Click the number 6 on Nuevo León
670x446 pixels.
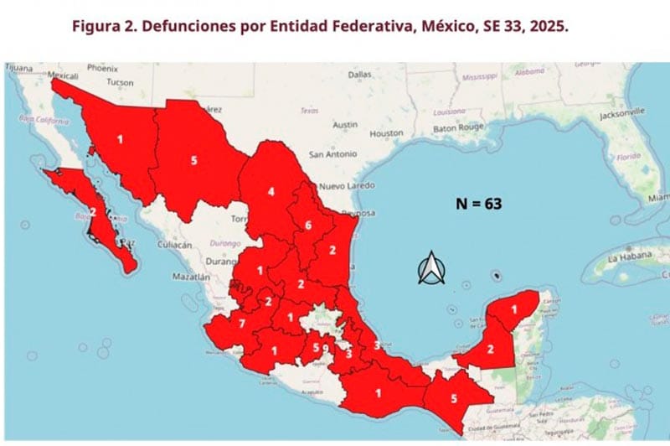(x=308, y=225)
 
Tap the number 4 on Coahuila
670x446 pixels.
(x=271, y=191)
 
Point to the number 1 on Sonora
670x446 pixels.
(x=120, y=139)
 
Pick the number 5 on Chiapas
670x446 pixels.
(x=454, y=399)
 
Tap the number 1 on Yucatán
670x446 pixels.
(x=514, y=310)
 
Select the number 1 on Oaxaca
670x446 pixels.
(x=378, y=392)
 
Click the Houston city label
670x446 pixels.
(x=386, y=133)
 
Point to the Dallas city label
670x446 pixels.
(x=359, y=75)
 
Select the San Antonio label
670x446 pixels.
(x=332, y=155)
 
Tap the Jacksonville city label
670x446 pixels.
(x=620, y=111)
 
